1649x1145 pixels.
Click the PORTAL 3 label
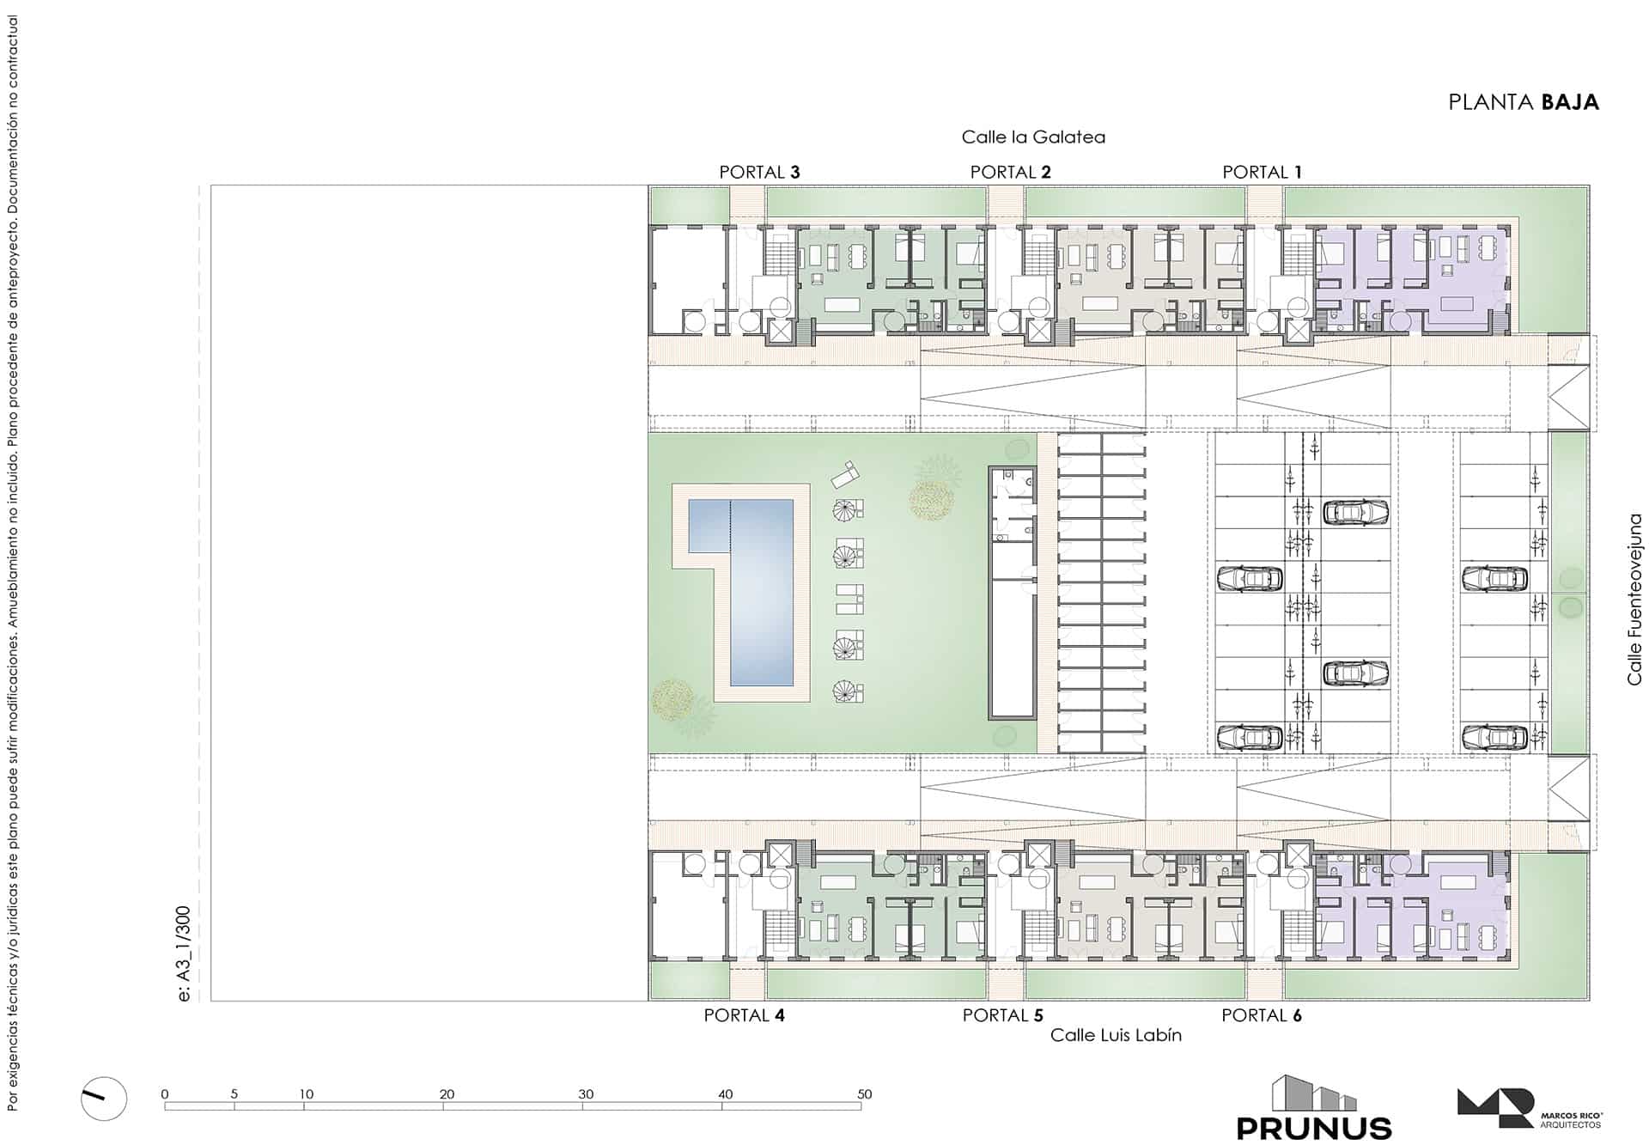pos(759,172)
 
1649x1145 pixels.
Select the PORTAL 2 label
pos(1011,172)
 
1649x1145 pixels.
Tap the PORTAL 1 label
pos(1263,172)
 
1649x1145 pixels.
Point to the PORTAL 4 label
pos(744,1015)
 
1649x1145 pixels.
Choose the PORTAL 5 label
pos(1003,1015)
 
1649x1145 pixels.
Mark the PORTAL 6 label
pos(1262,1015)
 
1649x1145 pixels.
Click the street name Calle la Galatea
pos(1033,137)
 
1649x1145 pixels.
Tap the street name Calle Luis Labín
pos(1116,1035)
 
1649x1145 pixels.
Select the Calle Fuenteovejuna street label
pos(1634,600)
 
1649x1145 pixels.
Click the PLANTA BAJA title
pos(1524,102)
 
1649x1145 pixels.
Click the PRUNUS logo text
pos(1314,1127)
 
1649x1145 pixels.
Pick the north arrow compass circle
pos(104,1099)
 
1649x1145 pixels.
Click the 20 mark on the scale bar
pos(447,1094)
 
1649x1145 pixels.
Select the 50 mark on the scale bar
pos(864,1094)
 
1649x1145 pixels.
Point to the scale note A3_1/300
pos(183,953)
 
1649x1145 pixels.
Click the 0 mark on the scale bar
pos(165,1094)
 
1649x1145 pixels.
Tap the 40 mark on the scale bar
pos(726,1094)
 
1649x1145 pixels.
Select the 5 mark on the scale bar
pos(234,1094)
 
